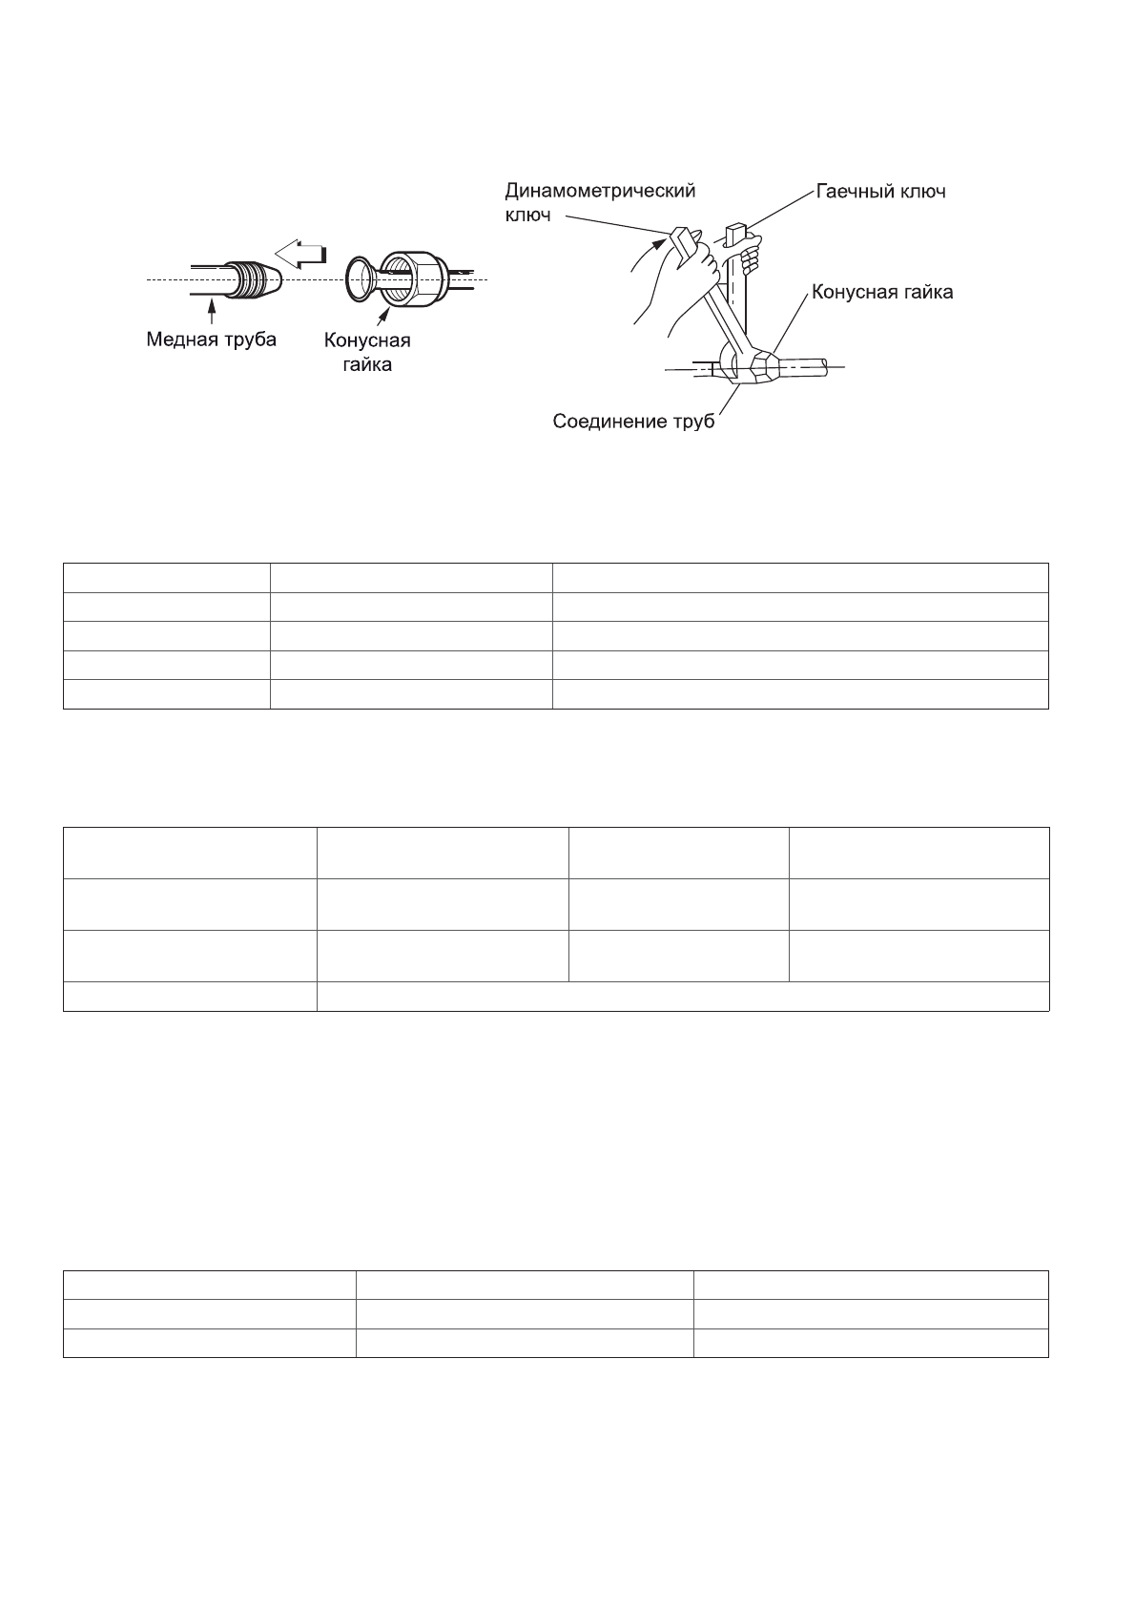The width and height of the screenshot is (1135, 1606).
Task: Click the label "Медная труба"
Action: pyautogui.click(x=211, y=340)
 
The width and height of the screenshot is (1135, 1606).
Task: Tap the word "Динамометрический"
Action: pyautogui.click(x=600, y=191)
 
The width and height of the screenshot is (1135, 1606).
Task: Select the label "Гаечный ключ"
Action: pyautogui.click(x=880, y=192)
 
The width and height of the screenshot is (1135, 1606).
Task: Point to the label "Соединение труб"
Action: pyautogui.click(x=634, y=421)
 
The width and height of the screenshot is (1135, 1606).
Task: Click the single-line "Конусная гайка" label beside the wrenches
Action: pyautogui.click(x=882, y=293)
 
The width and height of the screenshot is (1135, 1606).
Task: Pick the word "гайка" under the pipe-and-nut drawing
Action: pyautogui.click(x=367, y=364)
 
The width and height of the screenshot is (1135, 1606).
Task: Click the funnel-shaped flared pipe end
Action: pyautogui.click(x=361, y=277)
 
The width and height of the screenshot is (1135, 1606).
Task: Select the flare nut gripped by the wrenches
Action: pyautogui.click(x=769, y=365)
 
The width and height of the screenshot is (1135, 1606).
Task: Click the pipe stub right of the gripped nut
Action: pyautogui.click(x=811, y=365)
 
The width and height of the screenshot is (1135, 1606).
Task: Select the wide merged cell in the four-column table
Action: pyautogui.click(x=682, y=996)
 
